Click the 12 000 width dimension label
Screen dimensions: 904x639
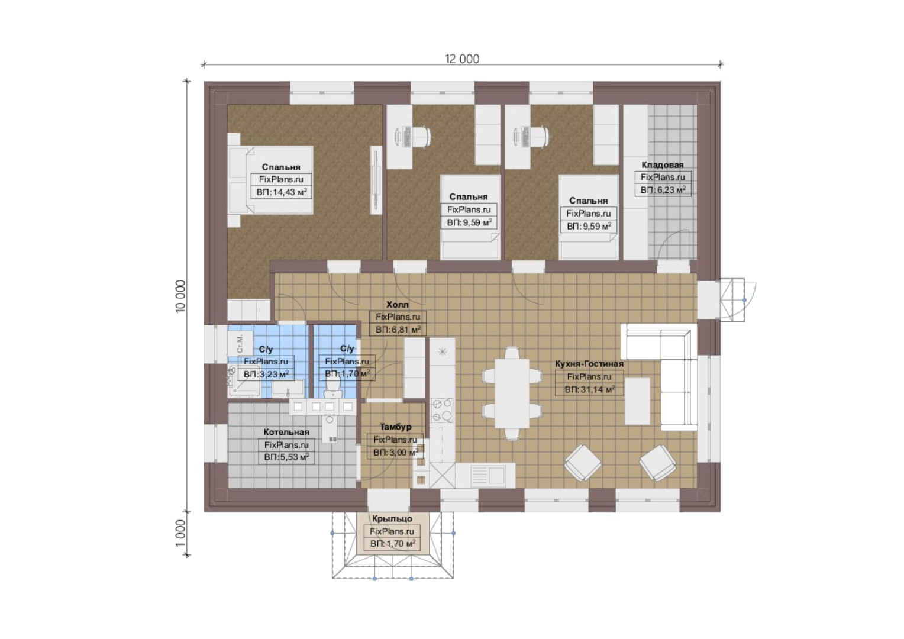[462, 59]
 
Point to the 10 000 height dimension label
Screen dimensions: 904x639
[180, 296]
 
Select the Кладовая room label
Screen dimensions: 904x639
[662, 164]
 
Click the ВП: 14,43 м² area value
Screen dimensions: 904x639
[282, 192]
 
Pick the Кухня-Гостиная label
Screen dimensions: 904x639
[589, 364]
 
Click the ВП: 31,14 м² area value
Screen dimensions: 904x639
[590, 389]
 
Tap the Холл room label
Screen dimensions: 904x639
[398, 304]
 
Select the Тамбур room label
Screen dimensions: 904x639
[395, 427]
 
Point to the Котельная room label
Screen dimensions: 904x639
[286, 432]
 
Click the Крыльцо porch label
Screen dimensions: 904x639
[392, 519]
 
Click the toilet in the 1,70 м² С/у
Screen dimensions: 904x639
[333, 388]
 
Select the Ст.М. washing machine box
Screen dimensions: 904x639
[241, 344]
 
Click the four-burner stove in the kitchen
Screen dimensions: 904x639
[443, 409]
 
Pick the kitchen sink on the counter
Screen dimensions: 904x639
[489, 475]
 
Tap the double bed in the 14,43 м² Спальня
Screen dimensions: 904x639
[271, 180]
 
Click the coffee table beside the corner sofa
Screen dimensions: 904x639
[637, 401]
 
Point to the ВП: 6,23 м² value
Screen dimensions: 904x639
[663, 190]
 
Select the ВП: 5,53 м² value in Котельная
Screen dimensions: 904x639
[286, 457]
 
